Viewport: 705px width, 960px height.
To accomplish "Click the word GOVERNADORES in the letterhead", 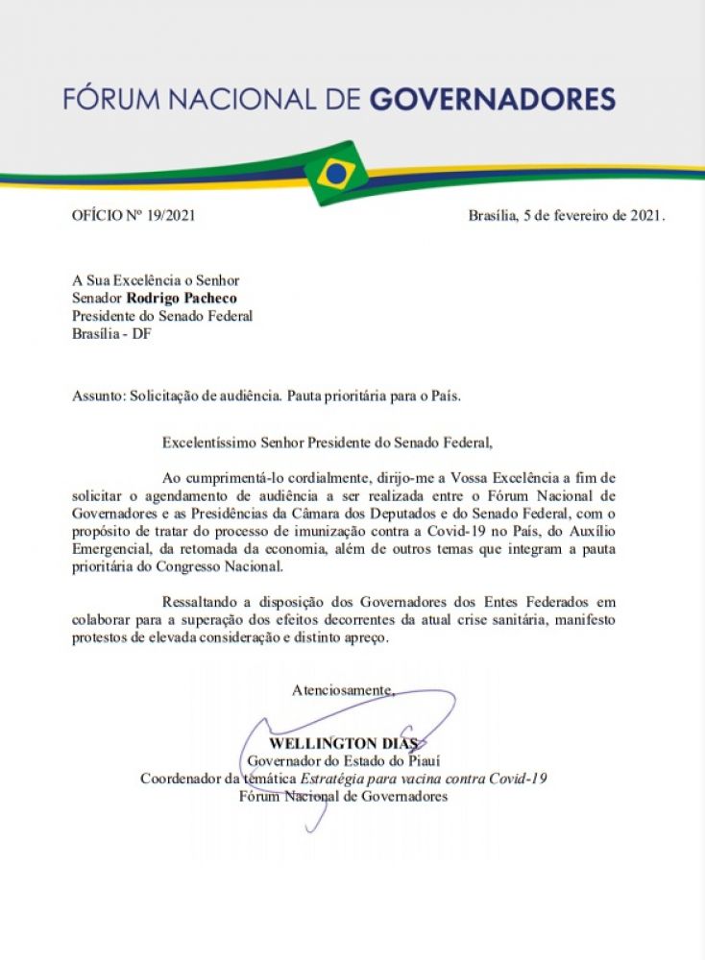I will click(493, 99).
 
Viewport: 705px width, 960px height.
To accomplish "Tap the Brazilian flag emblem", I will click(335, 173).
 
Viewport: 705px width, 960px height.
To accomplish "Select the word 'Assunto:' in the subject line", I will click(99, 396).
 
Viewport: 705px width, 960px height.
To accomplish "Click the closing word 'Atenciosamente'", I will click(342, 689).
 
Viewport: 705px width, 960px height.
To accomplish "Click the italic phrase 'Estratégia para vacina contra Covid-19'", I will click(424, 779).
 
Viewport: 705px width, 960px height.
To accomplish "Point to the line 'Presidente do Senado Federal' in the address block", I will click(162, 316).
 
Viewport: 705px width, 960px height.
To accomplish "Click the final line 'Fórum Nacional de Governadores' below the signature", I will click(343, 797).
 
